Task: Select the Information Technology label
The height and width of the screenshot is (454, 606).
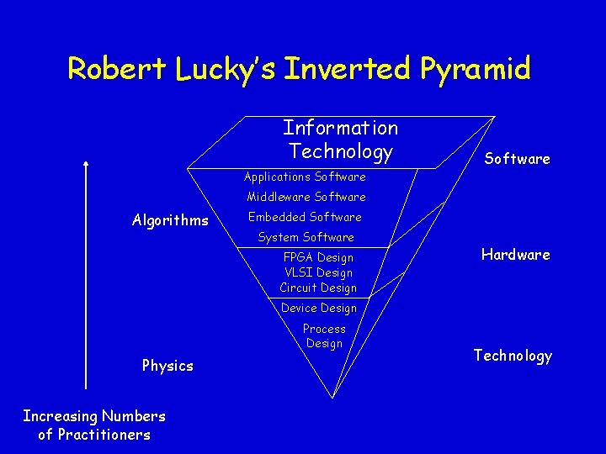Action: pyautogui.click(x=340, y=140)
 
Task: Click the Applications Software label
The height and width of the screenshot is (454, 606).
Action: pyautogui.click(x=305, y=177)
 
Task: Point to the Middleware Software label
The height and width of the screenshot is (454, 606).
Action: pyautogui.click(x=306, y=197)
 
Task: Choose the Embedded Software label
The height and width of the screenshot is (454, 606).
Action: pyautogui.click(x=305, y=217)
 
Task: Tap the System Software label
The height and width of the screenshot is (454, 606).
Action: pyautogui.click(x=306, y=237)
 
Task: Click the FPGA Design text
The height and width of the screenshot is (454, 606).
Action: pyautogui.click(x=318, y=257)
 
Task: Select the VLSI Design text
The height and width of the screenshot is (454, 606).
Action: pyautogui.click(x=318, y=272)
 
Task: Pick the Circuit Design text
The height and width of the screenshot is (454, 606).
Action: pyautogui.click(x=318, y=288)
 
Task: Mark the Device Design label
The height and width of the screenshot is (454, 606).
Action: pyautogui.click(x=318, y=308)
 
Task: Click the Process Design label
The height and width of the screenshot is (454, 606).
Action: pyautogui.click(x=324, y=335)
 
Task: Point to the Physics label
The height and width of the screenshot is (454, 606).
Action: pyautogui.click(x=167, y=366)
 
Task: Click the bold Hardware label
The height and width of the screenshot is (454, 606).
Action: pyautogui.click(x=515, y=255)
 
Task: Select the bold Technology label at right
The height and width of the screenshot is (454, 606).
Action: pyautogui.click(x=513, y=356)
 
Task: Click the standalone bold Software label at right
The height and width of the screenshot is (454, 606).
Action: pyautogui.click(x=517, y=159)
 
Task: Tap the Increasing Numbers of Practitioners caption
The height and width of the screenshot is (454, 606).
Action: pyautogui.click(x=94, y=425)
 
